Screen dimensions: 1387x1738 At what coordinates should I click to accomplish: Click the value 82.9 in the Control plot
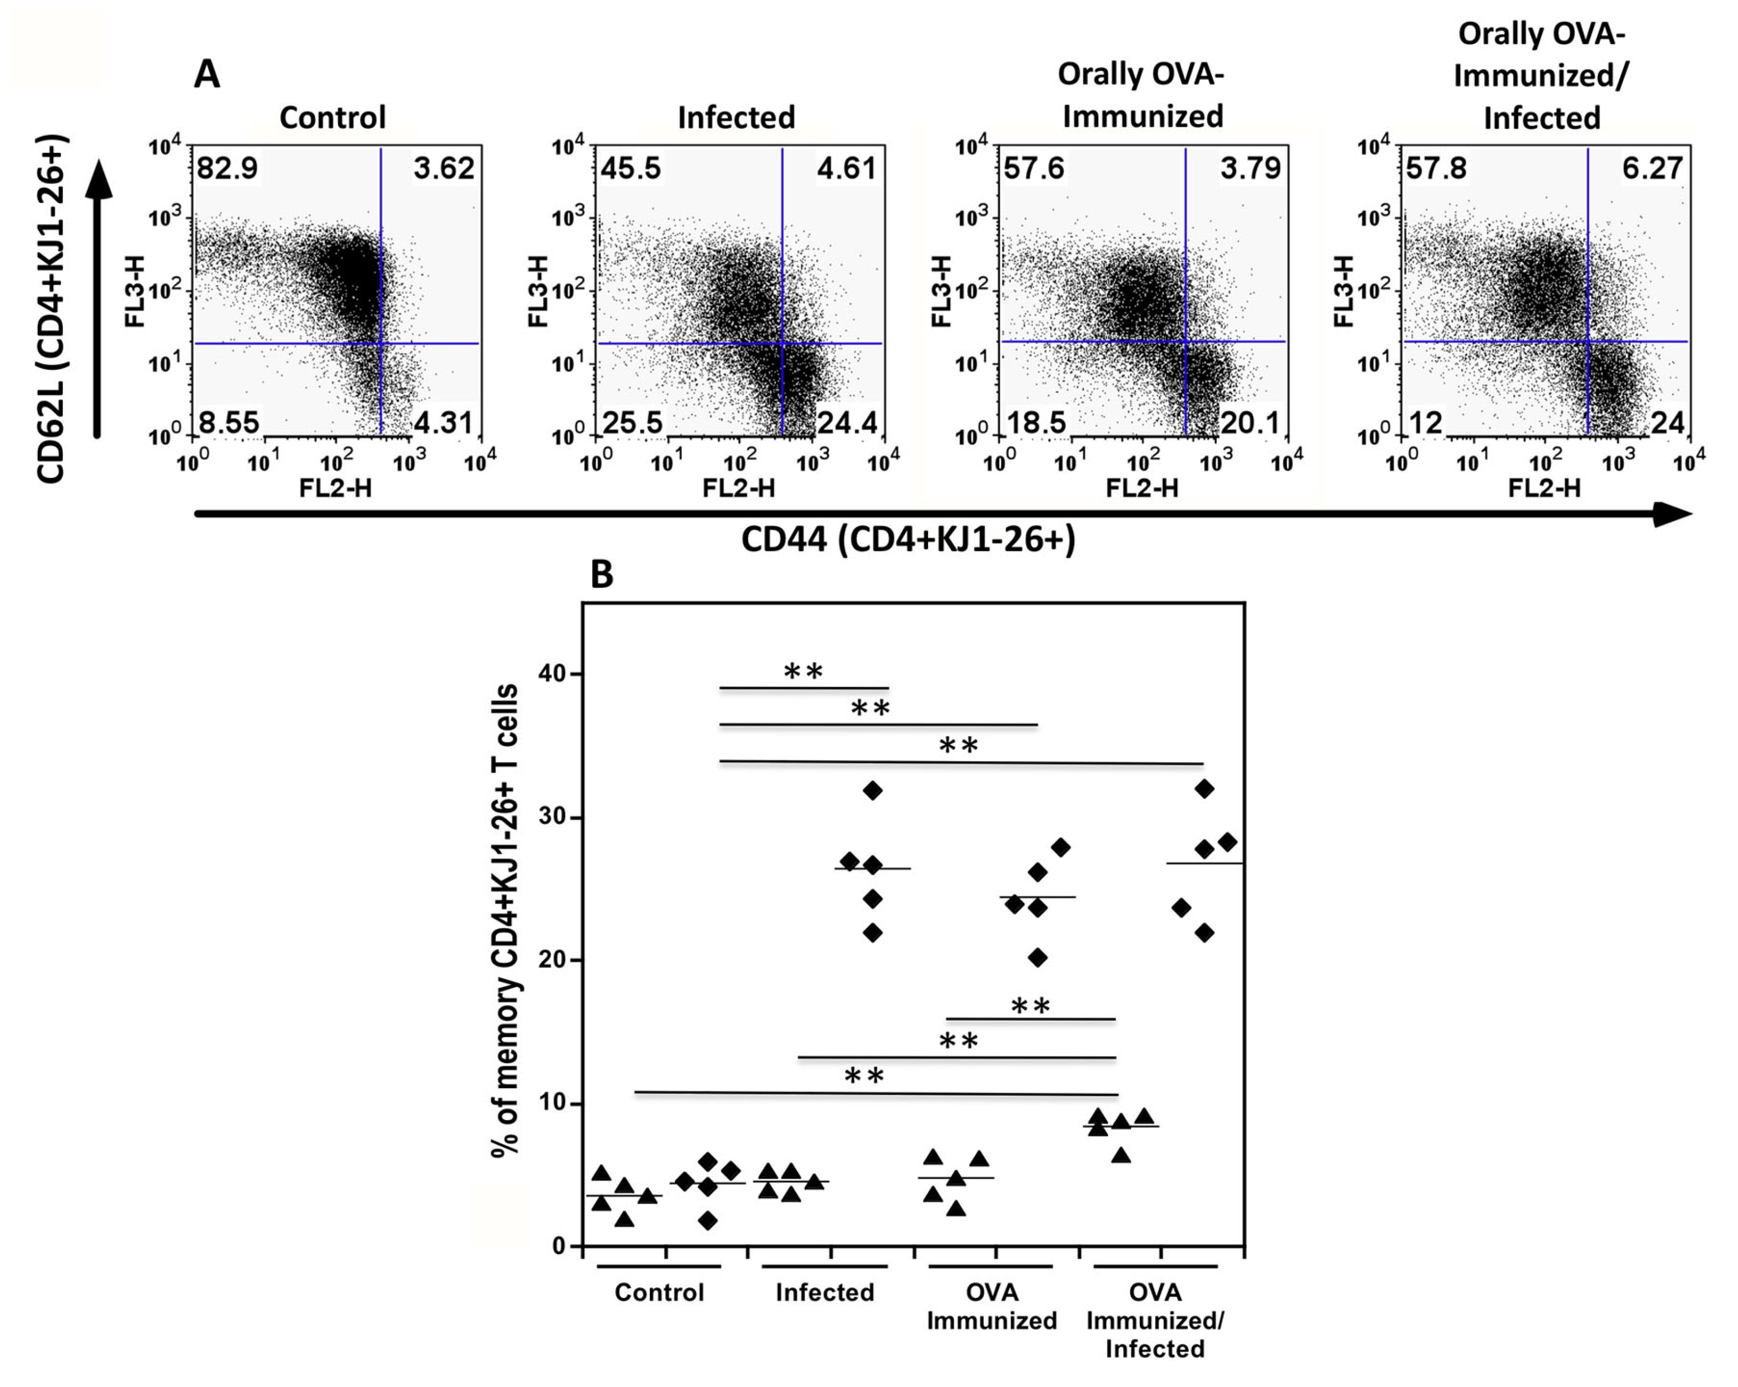(228, 168)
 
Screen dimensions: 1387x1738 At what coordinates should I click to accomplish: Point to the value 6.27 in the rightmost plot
(1652, 168)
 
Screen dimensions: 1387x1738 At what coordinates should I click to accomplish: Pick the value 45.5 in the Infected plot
(630, 168)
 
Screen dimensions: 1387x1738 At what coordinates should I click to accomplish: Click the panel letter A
(207, 76)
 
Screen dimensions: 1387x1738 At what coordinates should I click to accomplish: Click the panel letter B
(601, 575)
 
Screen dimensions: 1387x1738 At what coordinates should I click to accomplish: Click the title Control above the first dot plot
(332, 118)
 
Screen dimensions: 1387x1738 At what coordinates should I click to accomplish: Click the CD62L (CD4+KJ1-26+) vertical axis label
(51, 309)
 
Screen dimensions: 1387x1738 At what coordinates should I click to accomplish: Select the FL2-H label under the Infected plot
(738, 488)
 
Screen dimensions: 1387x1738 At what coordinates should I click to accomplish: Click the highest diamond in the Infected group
(872, 791)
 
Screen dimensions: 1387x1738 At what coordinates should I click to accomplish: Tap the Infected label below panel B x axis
(825, 1293)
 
